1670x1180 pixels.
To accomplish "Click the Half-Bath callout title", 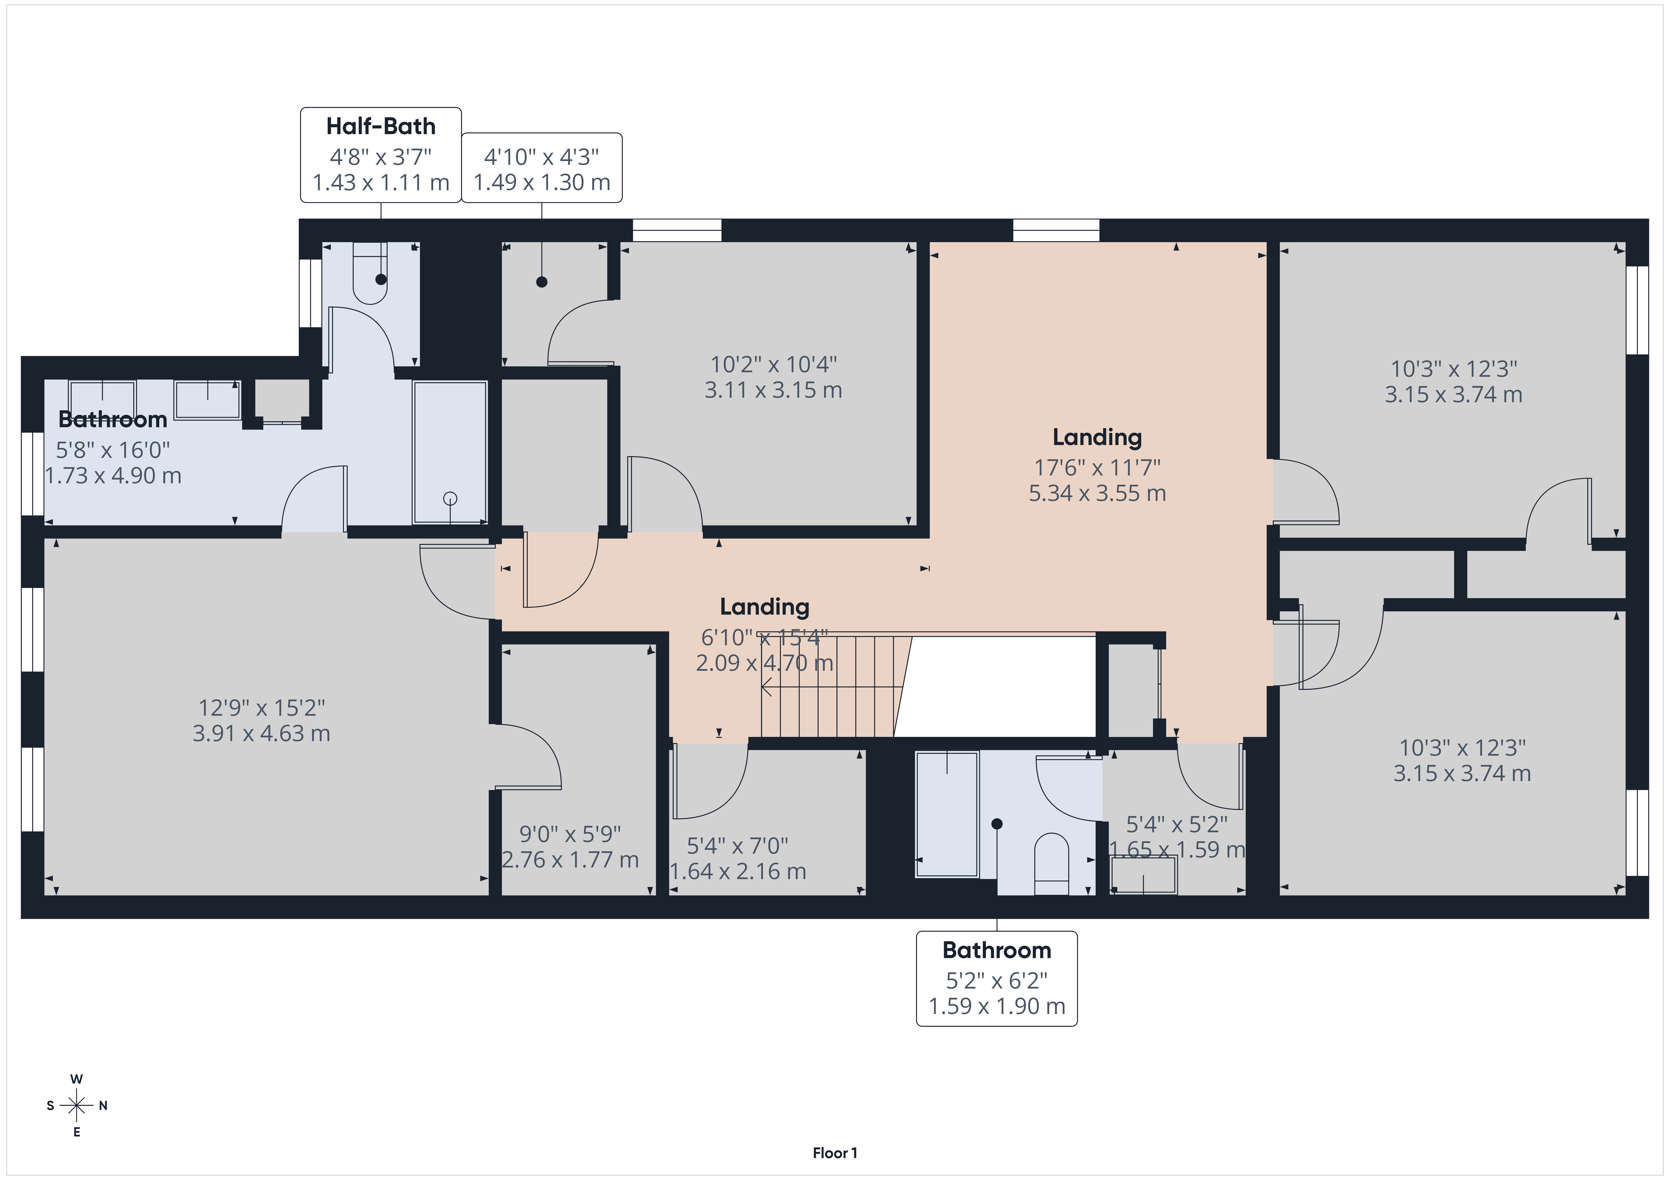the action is [380, 127].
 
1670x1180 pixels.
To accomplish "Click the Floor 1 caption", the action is [835, 1152].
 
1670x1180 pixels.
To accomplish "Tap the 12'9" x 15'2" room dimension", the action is [262, 707].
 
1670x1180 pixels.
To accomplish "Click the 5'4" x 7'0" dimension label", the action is [738, 846].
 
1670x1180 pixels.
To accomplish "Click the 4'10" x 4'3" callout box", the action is [542, 168].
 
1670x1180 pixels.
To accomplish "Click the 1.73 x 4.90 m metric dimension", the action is [114, 475].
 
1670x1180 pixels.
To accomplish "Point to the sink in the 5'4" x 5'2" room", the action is [1143, 875].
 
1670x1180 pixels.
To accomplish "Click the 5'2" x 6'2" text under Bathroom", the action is [996, 981].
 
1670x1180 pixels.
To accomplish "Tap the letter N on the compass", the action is [103, 1106].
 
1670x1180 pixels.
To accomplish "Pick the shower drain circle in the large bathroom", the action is [450, 498].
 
